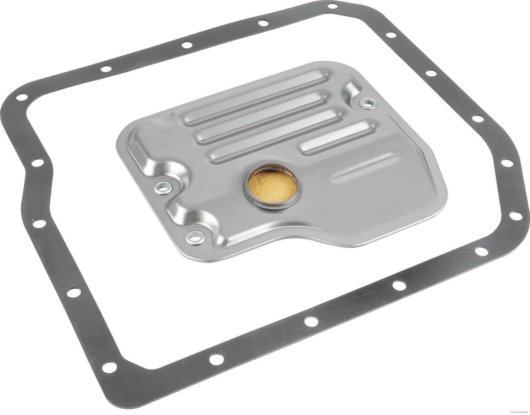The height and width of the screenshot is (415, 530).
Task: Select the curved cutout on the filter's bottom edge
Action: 299,239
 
